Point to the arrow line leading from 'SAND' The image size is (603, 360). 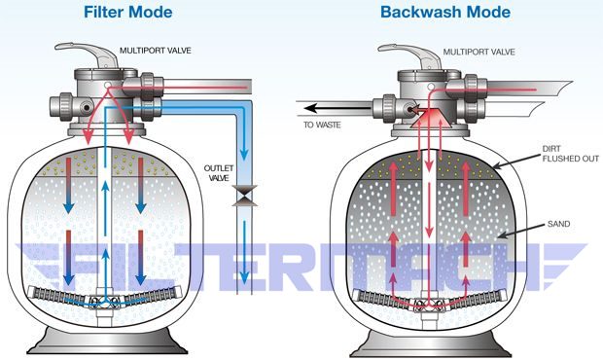click(x=520, y=232)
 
